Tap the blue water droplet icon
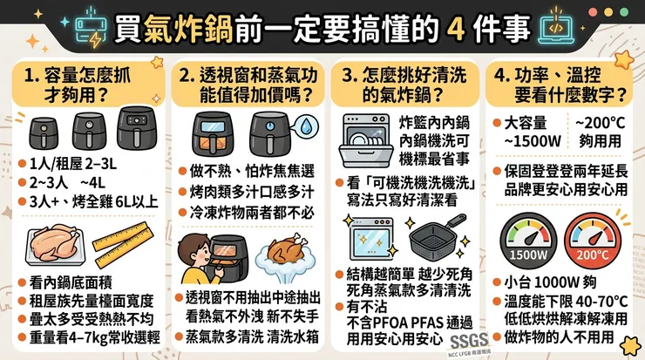(x=307, y=126)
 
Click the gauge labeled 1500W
(x=528, y=241)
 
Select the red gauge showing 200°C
(x=593, y=241)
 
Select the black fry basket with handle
(x=437, y=235)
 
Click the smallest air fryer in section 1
(x=44, y=132)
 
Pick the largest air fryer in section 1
(x=137, y=128)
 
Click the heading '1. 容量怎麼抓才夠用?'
(x=78, y=85)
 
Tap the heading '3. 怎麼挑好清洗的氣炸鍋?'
(x=404, y=85)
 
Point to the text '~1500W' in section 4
(x=533, y=141)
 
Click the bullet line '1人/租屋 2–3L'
(x=73, y=164)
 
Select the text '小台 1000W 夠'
(x=550, y=282)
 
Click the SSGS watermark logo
(x=469, y=341)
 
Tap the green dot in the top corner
(x=624, y=12)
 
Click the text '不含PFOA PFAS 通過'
(x=410, y=323)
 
